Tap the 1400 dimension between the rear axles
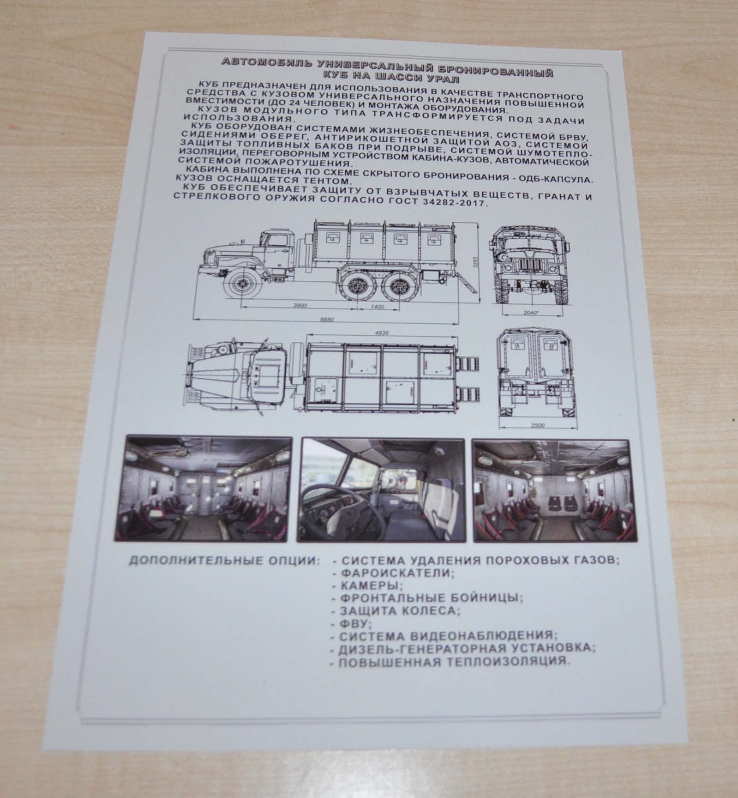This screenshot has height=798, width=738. coord(379,306)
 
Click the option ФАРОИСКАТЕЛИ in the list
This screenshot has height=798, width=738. coord(394,573)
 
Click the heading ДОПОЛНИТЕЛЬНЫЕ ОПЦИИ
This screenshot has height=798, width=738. coord(224,562)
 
